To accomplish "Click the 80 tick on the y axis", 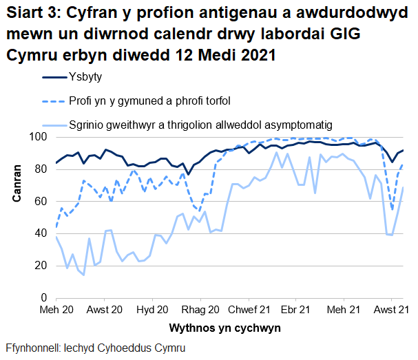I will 41,169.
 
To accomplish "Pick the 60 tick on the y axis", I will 41,201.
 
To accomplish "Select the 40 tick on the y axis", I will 41,233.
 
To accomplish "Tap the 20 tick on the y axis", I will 41,265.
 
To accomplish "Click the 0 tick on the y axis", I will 43,297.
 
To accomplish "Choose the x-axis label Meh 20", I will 56,310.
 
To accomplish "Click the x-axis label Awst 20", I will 105,310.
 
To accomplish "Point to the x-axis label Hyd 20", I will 154,310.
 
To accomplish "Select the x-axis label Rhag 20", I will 201,310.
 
